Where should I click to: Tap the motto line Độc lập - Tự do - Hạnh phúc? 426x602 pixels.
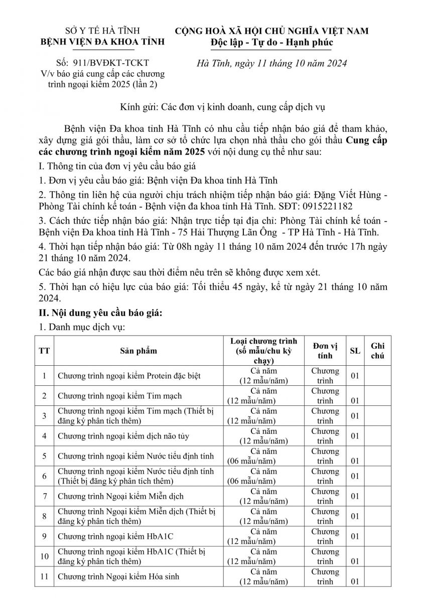point(271,42)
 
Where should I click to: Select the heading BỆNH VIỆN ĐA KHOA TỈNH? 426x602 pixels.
point(102,42)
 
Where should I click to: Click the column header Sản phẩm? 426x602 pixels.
point(138,351)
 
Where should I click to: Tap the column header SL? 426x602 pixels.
point(355,351)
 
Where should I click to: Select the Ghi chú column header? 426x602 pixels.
point(378,351)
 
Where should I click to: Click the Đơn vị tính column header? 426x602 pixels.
point(325,351)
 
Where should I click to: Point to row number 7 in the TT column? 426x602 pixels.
point(45,496)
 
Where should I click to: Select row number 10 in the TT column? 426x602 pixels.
point(45,556)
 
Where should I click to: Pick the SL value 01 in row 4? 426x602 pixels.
point(355,435)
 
